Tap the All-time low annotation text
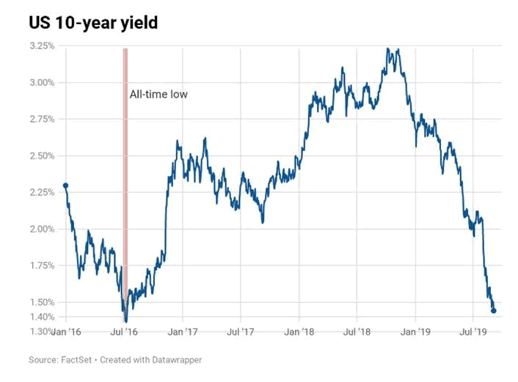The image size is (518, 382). click(159, 94)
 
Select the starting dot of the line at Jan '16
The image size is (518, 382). click(65, 186)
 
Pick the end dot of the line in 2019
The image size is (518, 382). click(493, 311)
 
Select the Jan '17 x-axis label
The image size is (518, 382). click(183, 332)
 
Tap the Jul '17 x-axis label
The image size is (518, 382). click(241, 332)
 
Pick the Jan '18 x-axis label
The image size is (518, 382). click(299, 332)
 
